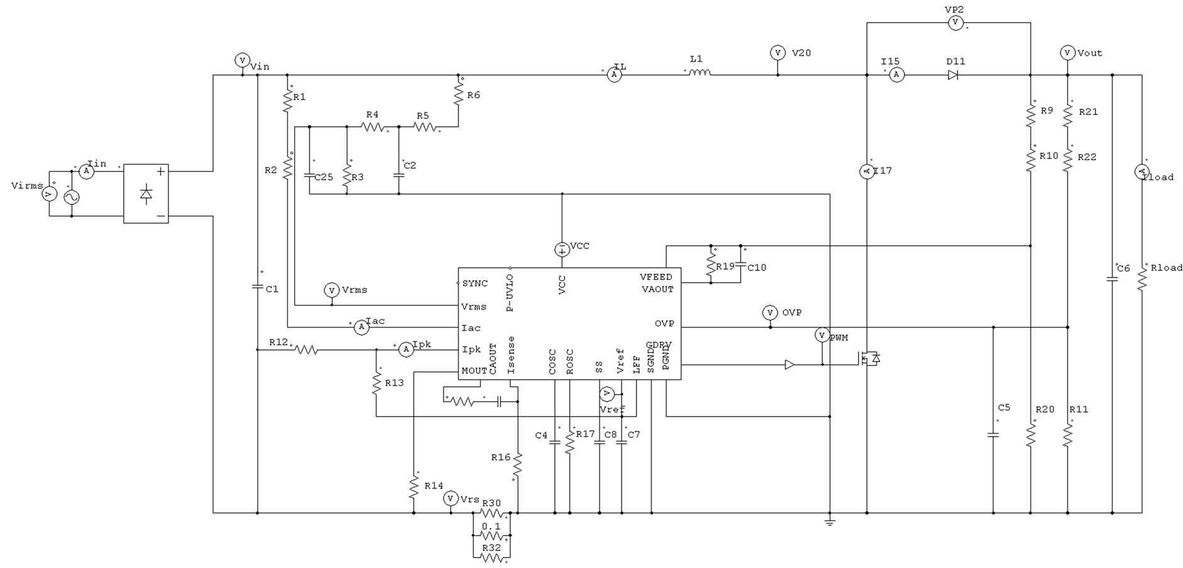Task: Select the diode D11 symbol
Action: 953,75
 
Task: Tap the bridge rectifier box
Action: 146,194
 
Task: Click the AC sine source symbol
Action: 72,197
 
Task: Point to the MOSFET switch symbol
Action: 867,359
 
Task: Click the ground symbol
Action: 830,522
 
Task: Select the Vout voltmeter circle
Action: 1067,53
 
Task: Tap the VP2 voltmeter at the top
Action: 955,23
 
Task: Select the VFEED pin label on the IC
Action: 656,276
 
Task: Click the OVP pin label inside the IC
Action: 664,324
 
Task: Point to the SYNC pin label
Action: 475,283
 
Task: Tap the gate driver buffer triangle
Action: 790,364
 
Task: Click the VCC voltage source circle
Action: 562,249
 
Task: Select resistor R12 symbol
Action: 306,349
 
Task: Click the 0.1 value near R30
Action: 491,527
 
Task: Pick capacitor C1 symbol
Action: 257,287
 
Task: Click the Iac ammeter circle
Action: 360,327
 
